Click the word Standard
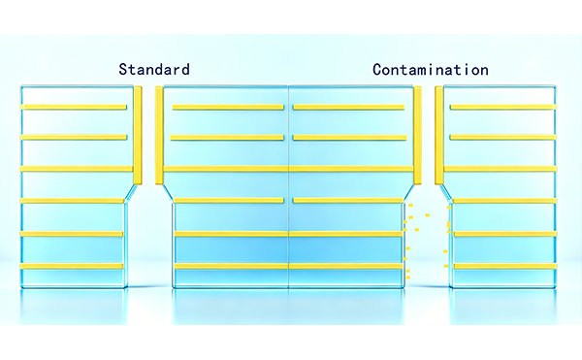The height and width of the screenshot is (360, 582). (x=154, y=70)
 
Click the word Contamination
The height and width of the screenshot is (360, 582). (x=431, y=70)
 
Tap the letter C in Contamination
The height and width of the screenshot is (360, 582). (x=377, y=70)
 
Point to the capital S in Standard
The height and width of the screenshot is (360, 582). (x=123, y=70)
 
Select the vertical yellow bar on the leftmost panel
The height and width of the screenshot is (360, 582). (x=138, y=136)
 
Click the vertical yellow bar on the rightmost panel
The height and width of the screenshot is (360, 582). (x=439, y=136)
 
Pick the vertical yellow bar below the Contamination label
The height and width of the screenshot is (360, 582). (x=417, y=136)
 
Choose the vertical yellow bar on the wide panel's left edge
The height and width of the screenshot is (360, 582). (x=159, y=136)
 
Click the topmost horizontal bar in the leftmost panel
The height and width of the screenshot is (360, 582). (x=74, y=108)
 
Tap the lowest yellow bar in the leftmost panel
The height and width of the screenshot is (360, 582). (x=72, y=266)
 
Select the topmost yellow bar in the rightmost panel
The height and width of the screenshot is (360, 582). (x=503, y=108)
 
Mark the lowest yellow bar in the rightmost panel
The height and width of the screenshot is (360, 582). (x=505, y=266)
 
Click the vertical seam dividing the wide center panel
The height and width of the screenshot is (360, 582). (x=289, y=186)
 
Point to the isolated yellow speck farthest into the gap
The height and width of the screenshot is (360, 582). (x=427, y=215)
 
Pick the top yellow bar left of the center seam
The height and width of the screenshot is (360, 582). (x=228, y=108)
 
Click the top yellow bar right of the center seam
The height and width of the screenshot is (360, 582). (x=348, y=108)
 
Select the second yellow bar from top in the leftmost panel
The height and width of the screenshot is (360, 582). (x=74, y=138)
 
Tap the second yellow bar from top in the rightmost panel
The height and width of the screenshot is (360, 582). (x=503, y=138)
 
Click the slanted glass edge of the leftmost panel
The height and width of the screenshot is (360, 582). (x=131, y=194)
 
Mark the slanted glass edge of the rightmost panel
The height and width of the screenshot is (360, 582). (x=445, y=194)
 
